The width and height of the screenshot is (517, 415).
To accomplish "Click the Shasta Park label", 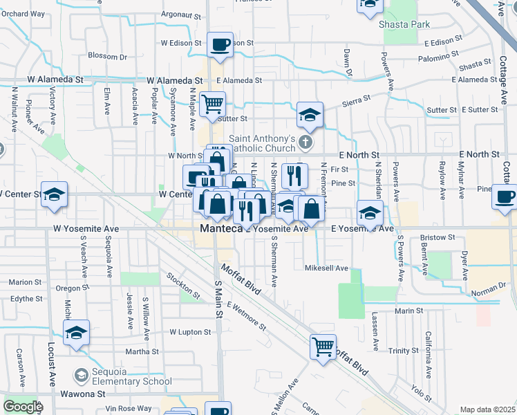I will [404, 24].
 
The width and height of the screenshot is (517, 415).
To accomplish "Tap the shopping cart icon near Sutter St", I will [212, 104].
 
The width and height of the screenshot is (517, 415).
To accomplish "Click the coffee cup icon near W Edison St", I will [220, 45].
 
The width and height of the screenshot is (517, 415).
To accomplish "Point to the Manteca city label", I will [219, 228].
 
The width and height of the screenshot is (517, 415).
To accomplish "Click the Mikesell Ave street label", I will [326, 268].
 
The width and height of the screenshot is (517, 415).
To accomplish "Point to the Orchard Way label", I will [22, 14].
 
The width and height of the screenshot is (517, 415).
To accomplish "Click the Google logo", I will [22, 406].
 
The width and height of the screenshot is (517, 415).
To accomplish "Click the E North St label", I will [359, 155].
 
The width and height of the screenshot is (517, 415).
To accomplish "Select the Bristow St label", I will [438, 238].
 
